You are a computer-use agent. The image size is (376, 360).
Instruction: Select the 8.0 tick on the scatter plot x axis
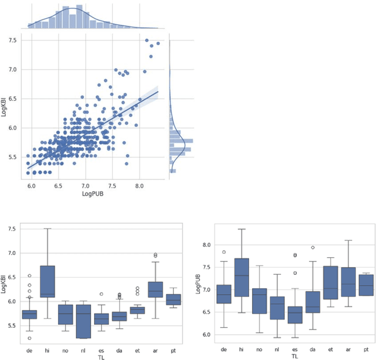139,185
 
